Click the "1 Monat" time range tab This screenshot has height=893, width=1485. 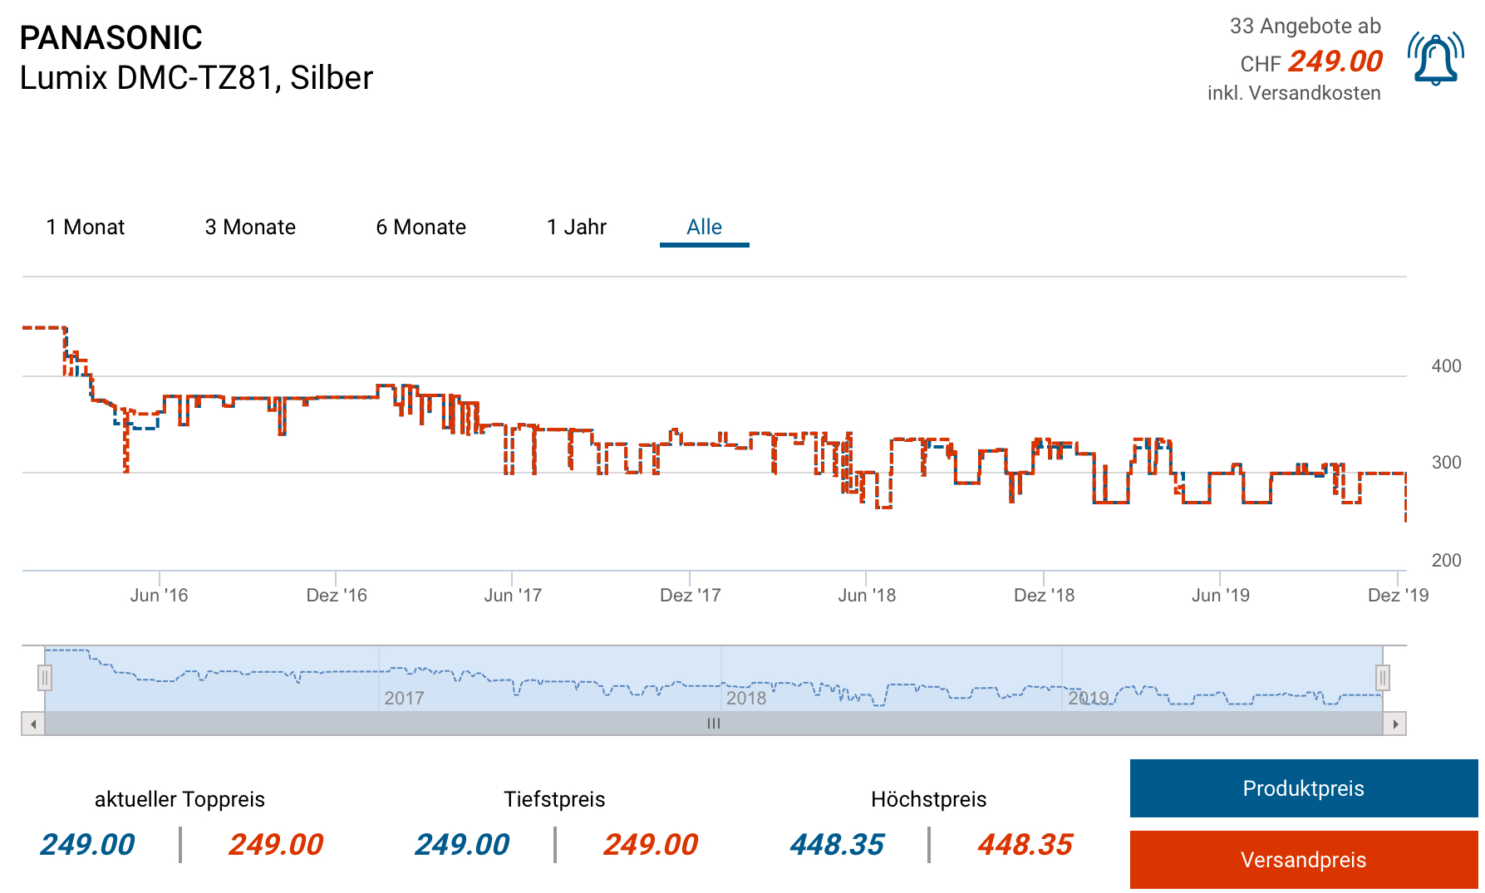[x=86, y=227]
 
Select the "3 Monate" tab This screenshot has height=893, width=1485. [x=250, y=227]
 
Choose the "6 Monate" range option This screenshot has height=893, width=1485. [x=420, y=227]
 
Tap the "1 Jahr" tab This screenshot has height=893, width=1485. [x=577, y=227]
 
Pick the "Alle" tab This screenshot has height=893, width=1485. [x=704, y=227]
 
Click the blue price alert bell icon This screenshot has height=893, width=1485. [x=1435, y=60]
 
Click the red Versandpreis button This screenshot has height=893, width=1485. [x=1303, y=860]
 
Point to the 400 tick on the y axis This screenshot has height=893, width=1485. [x=1446, y=366]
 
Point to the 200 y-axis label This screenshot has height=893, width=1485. [x=1446, y=560]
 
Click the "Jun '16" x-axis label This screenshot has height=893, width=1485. [x=159, y=595]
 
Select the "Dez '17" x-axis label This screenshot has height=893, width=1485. [x=690, y=595]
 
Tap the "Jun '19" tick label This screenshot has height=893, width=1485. [x=1220, y=595]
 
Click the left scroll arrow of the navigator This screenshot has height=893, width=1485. [x=33, y=724]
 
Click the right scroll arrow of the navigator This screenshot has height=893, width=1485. [x=1395, y=724]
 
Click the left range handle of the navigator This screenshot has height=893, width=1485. [x=45, y=678]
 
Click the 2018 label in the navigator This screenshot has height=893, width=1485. [x=746, y=698]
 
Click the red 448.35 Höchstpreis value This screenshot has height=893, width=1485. [x=1025, y=845]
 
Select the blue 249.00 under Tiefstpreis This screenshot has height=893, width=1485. [x=462, y=845]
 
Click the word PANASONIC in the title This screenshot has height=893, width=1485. [x=111, y=38]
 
